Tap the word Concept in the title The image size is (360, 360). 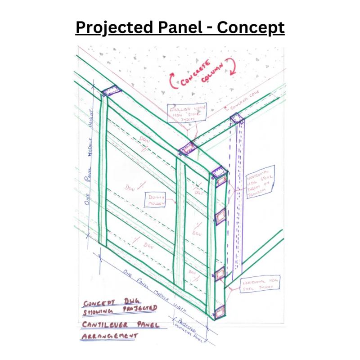[251, 27]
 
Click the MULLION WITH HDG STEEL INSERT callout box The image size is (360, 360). [186, 112]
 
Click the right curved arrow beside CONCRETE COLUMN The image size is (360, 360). [233, 66]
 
